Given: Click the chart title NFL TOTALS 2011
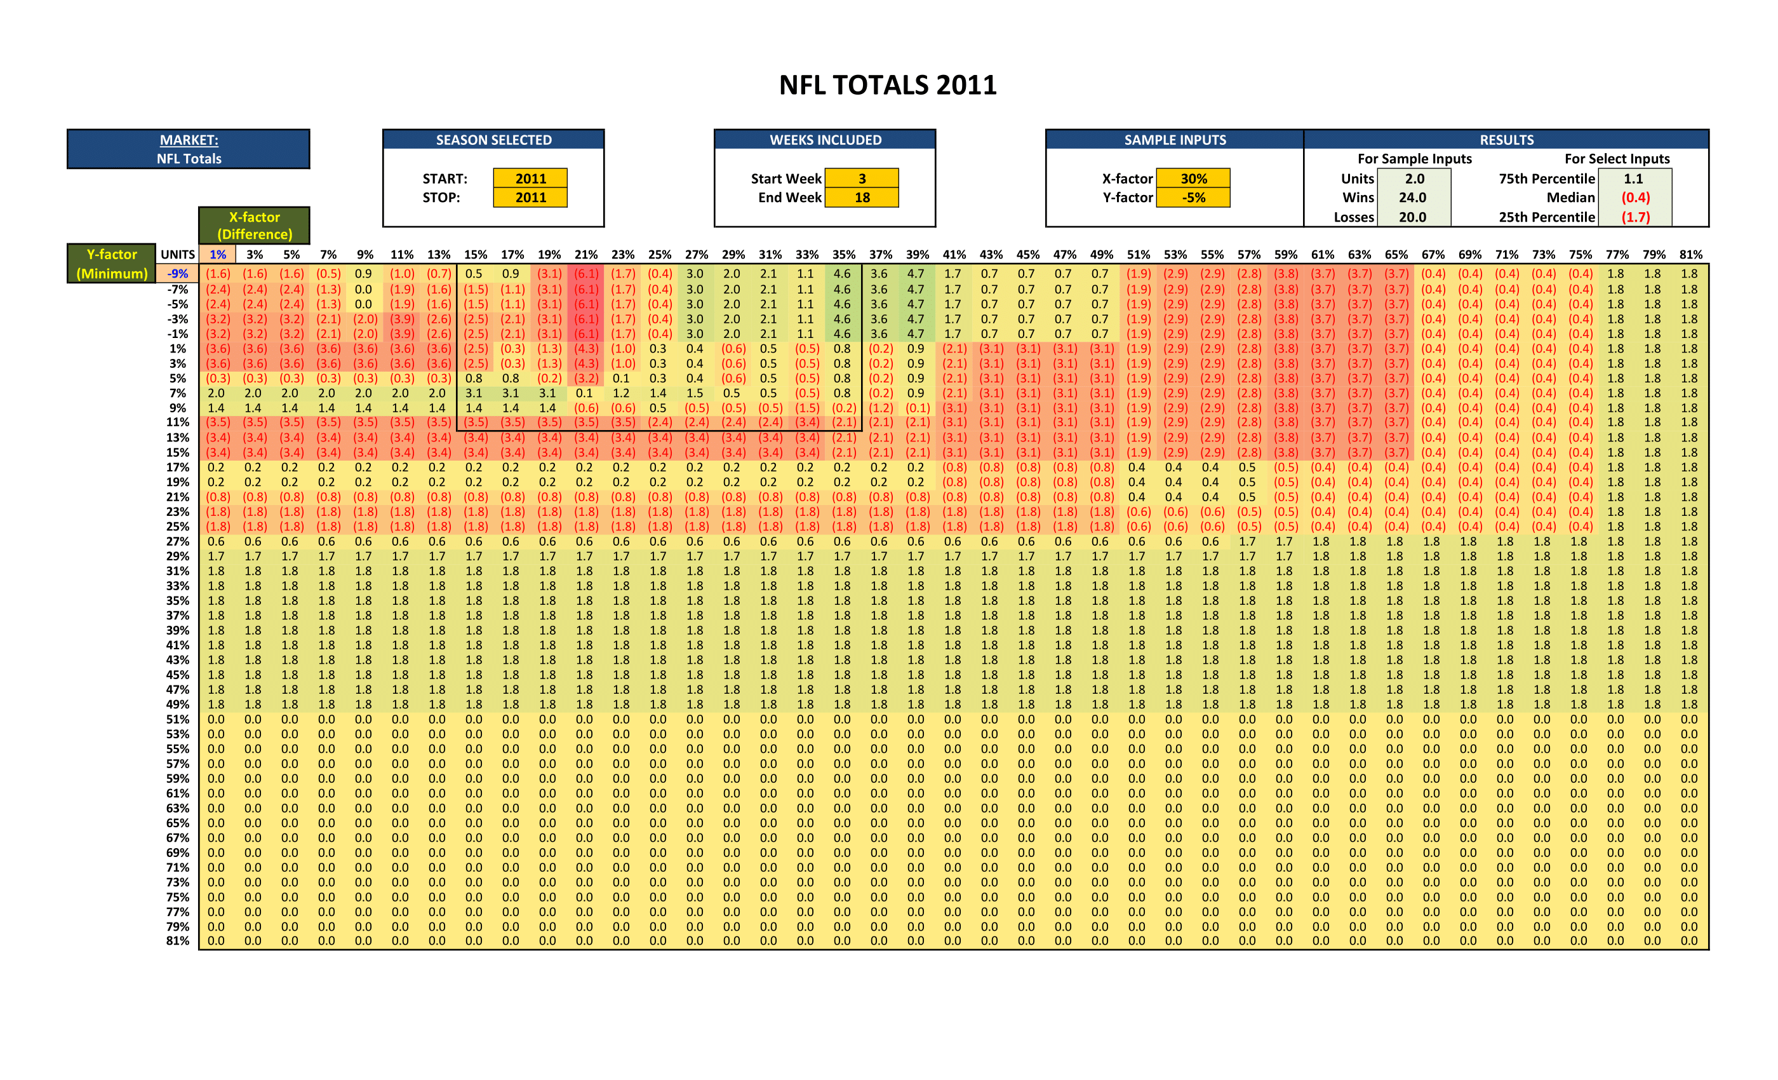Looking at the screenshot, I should pyautogui.click(x=888, y=85).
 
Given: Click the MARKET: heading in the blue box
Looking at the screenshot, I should pyautogui.click(x=189, y=140).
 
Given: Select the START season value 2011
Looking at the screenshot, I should pyautogui.click(x=530, y=179).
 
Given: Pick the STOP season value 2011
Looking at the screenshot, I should pyautogui.click(x=530, y=197).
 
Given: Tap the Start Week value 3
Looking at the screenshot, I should pyautogui.click(x=862, y=179).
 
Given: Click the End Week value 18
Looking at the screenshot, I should pyautogui.click(x=862, y=197).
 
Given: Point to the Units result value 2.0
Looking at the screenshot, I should pyautogui.click(x=1414, y=179).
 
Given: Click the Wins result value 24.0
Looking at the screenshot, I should pyautogui.click(x=1412, y=197).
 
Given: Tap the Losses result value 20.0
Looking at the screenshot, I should pyautogui.click(x=1412, y=217).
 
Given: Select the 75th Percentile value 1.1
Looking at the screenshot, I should pyautogui.click(x=1633, y=179).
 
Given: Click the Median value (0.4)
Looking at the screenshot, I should pyautogui.click(x=1635, y=197).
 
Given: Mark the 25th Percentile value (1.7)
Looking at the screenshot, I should pyautogui.click(x=1635, y=217).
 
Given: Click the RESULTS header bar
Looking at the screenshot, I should pyautogui.click(x=1506, y=139).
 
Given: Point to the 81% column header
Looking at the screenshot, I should pyautogui.click(x=1690, y=254).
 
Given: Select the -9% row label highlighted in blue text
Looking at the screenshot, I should pyautogui.click(x=178, y=274).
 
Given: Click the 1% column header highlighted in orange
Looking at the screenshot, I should pyautogui.click(x=217, y=254).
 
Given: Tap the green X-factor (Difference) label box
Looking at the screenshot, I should pyautogui.click(x=254, y=226).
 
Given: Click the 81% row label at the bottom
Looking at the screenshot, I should pyautogui.click(x=178, y=941).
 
